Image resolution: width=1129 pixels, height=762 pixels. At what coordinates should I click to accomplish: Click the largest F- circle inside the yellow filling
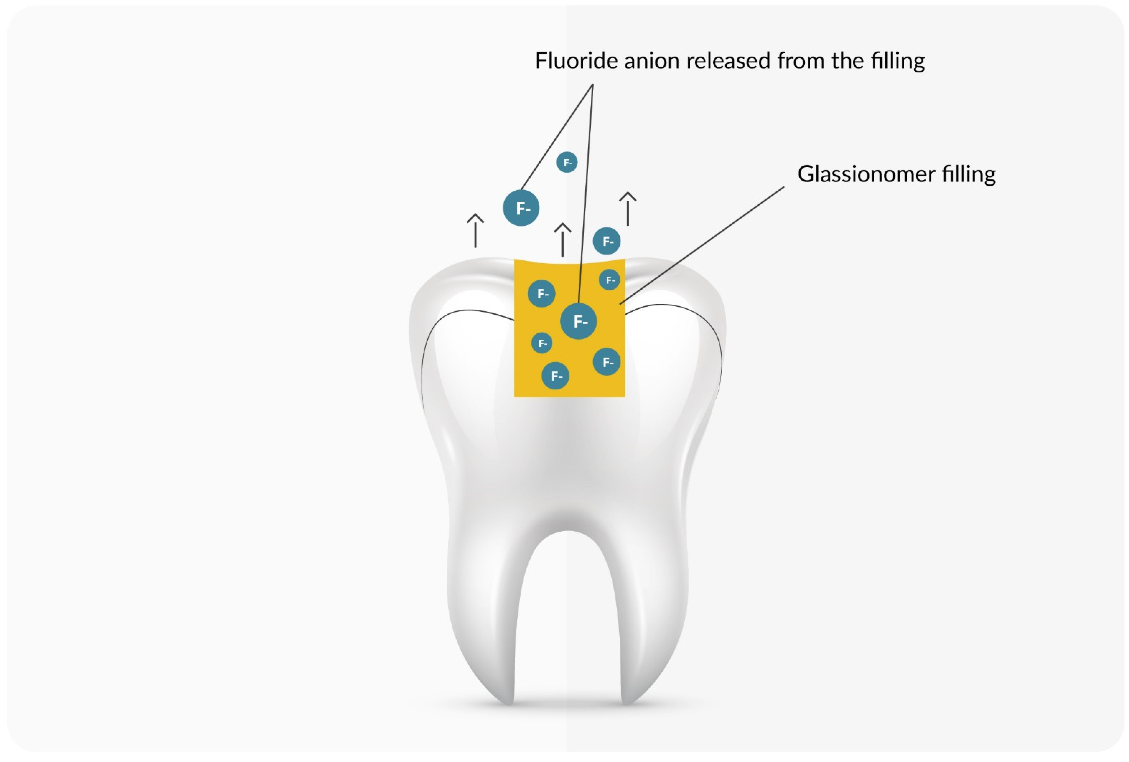click(x=579, y=321)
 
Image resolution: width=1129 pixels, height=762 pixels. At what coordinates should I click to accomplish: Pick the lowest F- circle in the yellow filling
click(x=555, y=376)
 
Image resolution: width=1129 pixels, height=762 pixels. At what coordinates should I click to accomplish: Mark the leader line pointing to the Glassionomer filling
click(x=702, y=245)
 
